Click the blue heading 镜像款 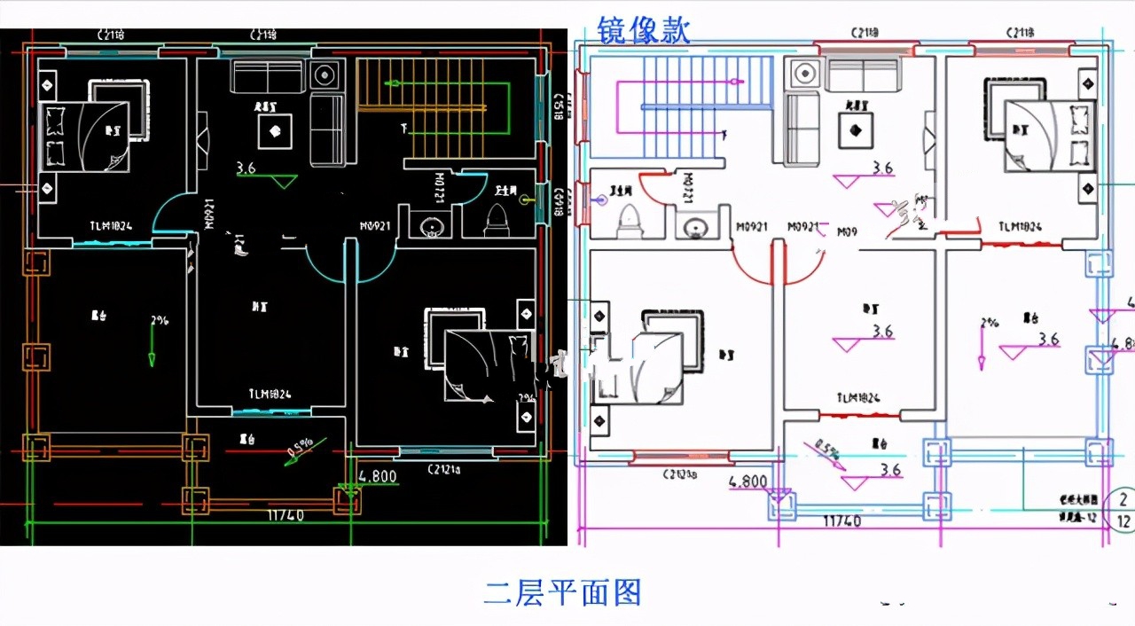(x=645, y=28)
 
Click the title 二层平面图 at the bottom (x=562, y=591)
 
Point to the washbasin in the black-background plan (x=432, y=225)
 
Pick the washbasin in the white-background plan (x=693, y=225)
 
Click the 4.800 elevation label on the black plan (x=377, y=476)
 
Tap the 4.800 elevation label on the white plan (x=748, y=482)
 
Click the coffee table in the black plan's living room (x=275, y=131)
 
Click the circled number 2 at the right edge (x=1123, y=499)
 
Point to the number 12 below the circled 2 (x=1123, y=520)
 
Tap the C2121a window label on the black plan (x=443, y=469)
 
